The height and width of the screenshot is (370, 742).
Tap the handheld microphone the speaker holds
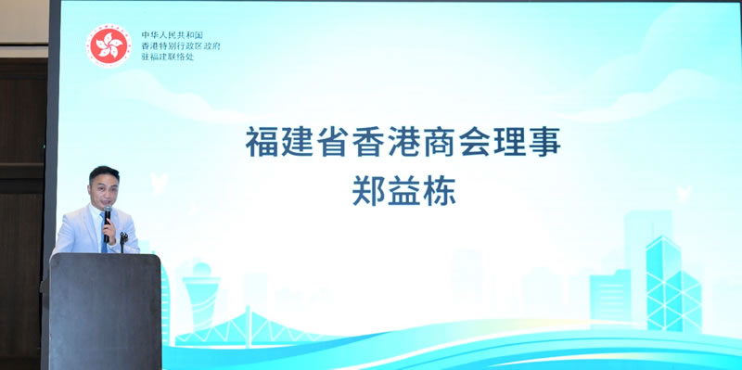[x=108, y=223]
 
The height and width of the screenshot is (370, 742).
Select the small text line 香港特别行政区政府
[x=173, y=45]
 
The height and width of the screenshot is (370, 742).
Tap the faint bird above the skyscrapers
[x=684, y=194]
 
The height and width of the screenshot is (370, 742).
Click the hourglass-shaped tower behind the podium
[x=198, y=297]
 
